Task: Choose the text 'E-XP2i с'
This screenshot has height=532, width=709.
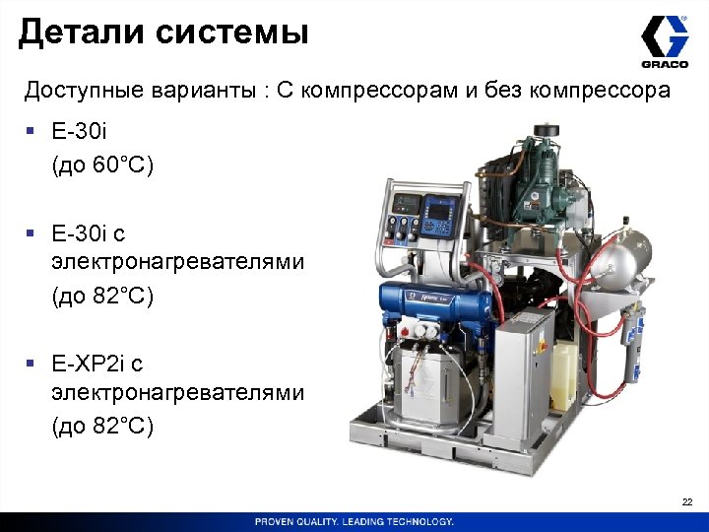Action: pos(97,365)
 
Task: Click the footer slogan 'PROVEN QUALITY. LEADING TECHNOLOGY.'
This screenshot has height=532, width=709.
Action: pos(354,521)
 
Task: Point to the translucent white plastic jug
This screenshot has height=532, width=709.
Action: pos(564,375)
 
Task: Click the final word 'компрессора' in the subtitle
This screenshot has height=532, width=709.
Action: pos(600,92)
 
